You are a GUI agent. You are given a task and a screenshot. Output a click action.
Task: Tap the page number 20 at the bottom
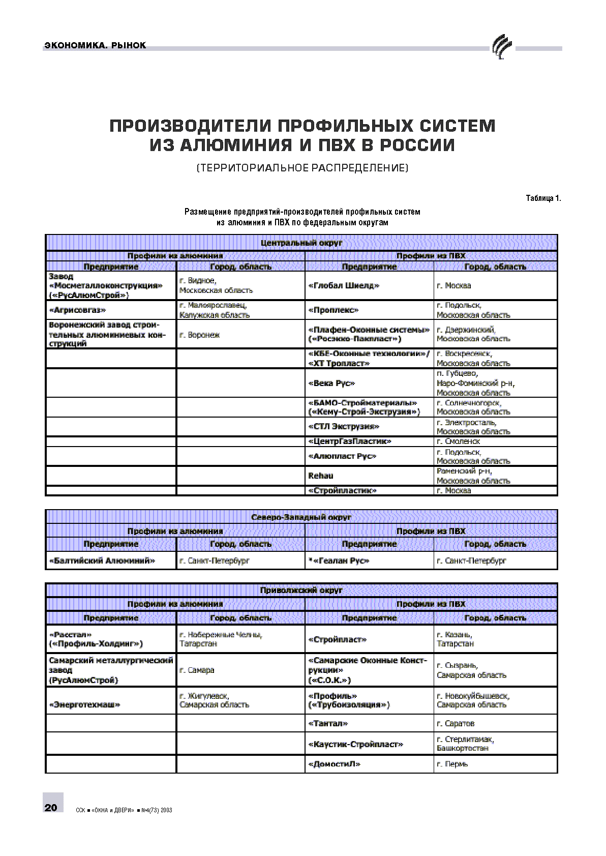pos(51,807)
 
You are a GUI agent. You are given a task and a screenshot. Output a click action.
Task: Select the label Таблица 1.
pos(543,198)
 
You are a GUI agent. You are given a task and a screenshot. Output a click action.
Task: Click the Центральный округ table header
pos(301,243)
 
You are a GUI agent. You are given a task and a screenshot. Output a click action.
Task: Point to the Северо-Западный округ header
pos(301,517)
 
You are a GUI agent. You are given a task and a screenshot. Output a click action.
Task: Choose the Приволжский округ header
pos(301,591)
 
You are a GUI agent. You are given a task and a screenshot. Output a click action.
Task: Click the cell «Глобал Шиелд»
pos(344,286)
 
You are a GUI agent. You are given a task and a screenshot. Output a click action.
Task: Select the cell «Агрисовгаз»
pos(77,310)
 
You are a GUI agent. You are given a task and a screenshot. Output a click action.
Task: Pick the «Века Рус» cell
pos(331,383)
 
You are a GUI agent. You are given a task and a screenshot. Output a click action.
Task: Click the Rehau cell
pos(321,476)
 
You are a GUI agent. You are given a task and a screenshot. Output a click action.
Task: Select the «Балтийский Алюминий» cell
pos(102,560)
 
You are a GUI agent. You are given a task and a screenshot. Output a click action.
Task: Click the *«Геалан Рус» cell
pos(339,560)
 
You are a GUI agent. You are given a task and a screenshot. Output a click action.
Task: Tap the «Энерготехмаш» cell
pos(84,705)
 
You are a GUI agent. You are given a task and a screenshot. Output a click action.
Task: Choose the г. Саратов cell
pos(456,723)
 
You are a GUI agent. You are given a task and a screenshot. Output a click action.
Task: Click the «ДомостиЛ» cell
pos(334,764)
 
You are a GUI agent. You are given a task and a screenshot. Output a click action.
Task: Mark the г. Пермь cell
pos(452,764)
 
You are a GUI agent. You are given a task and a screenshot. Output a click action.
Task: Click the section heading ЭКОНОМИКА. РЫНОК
pos(96,45)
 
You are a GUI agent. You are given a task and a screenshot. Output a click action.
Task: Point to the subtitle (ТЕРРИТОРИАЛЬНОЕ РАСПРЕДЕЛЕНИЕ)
pos(302,168)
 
